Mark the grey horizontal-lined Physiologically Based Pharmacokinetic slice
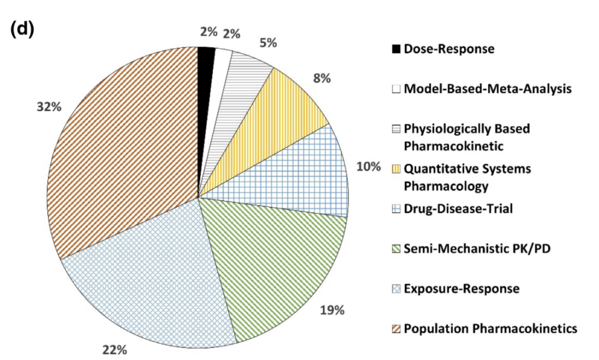[x=244, y=78]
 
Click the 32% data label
[x=49, y=108]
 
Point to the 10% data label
[x=368, y=167]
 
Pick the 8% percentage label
[x=321, y=78]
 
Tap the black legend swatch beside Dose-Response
[x=396, y=49]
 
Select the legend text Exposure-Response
[x=461, y=289]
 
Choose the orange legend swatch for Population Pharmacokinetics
[x=396, y=329]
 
